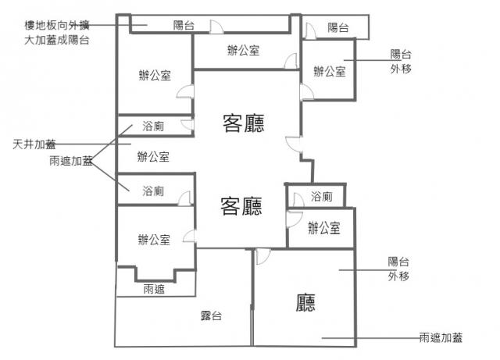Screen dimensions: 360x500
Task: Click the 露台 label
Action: pyautogui.click(x=211, y=316)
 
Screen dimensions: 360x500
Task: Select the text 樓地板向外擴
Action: pyautogui.click(x=56, y=25)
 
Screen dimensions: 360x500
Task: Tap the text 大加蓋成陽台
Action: pyautogui.click(x=56, y=39)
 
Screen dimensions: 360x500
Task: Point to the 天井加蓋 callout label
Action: pyautogui.click(x=34, y=144)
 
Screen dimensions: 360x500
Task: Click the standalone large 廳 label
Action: pyautogui.click(x=305, y=302)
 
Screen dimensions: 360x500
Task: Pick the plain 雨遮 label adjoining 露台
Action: pyautogui.click(x=154, y=289)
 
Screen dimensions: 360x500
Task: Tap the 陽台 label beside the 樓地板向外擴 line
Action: pyautogui.click(x=184, y=26)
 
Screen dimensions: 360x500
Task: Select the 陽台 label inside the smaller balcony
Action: pyautogui.click(x=338, y=28)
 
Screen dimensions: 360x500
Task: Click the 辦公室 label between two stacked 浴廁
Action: pyautogui.click(x=153, y=157)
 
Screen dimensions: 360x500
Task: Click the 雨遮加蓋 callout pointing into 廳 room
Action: pyautogui.click(x=441, y=338)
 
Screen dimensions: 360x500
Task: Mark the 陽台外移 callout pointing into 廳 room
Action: pyautogui.click(x=399, y=269)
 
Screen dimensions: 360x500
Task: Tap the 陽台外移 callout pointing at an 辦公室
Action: pyautogui.click(x=401, y=62)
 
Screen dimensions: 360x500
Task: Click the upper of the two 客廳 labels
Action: pyautogui.click(x=243, y=123)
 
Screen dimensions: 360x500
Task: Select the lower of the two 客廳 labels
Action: pyautogui.click(x=241, y=206)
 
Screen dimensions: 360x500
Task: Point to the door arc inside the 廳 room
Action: pyautogui.click(x=262, y=256)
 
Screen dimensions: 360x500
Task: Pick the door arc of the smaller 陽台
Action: pyautogui.click(x=310, y=31)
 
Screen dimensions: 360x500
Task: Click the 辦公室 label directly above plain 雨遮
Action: pyautogui.click(x=153, y=240)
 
